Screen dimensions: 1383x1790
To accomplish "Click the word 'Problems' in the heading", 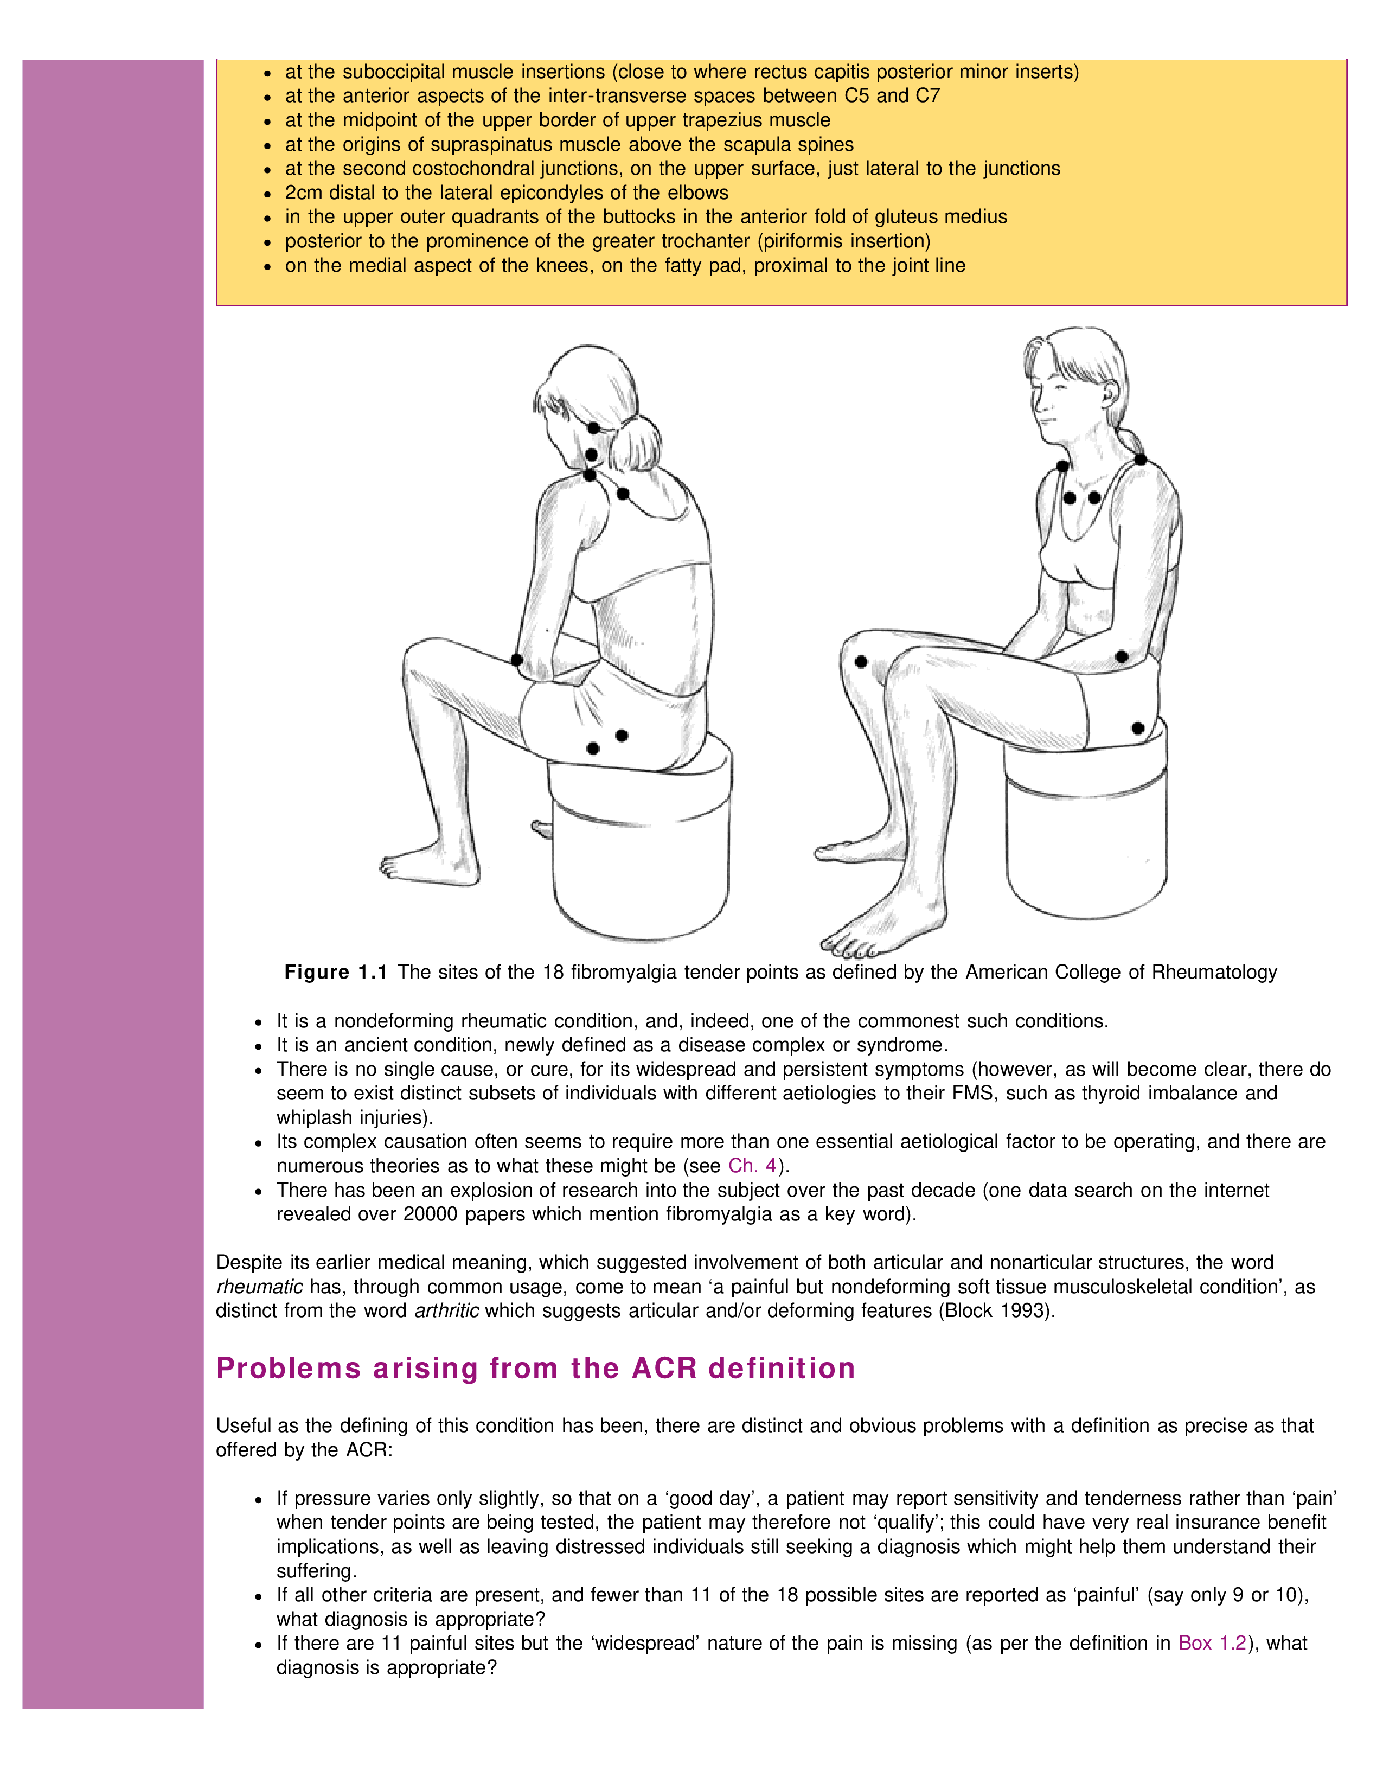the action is pos(289,1368).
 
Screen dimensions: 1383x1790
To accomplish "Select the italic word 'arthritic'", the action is pos(446,1310).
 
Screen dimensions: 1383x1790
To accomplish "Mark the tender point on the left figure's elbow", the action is pos(516,660).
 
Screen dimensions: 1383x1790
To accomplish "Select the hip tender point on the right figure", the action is pos(1138,728).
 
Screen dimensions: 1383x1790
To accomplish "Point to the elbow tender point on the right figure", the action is pos(1122,656).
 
